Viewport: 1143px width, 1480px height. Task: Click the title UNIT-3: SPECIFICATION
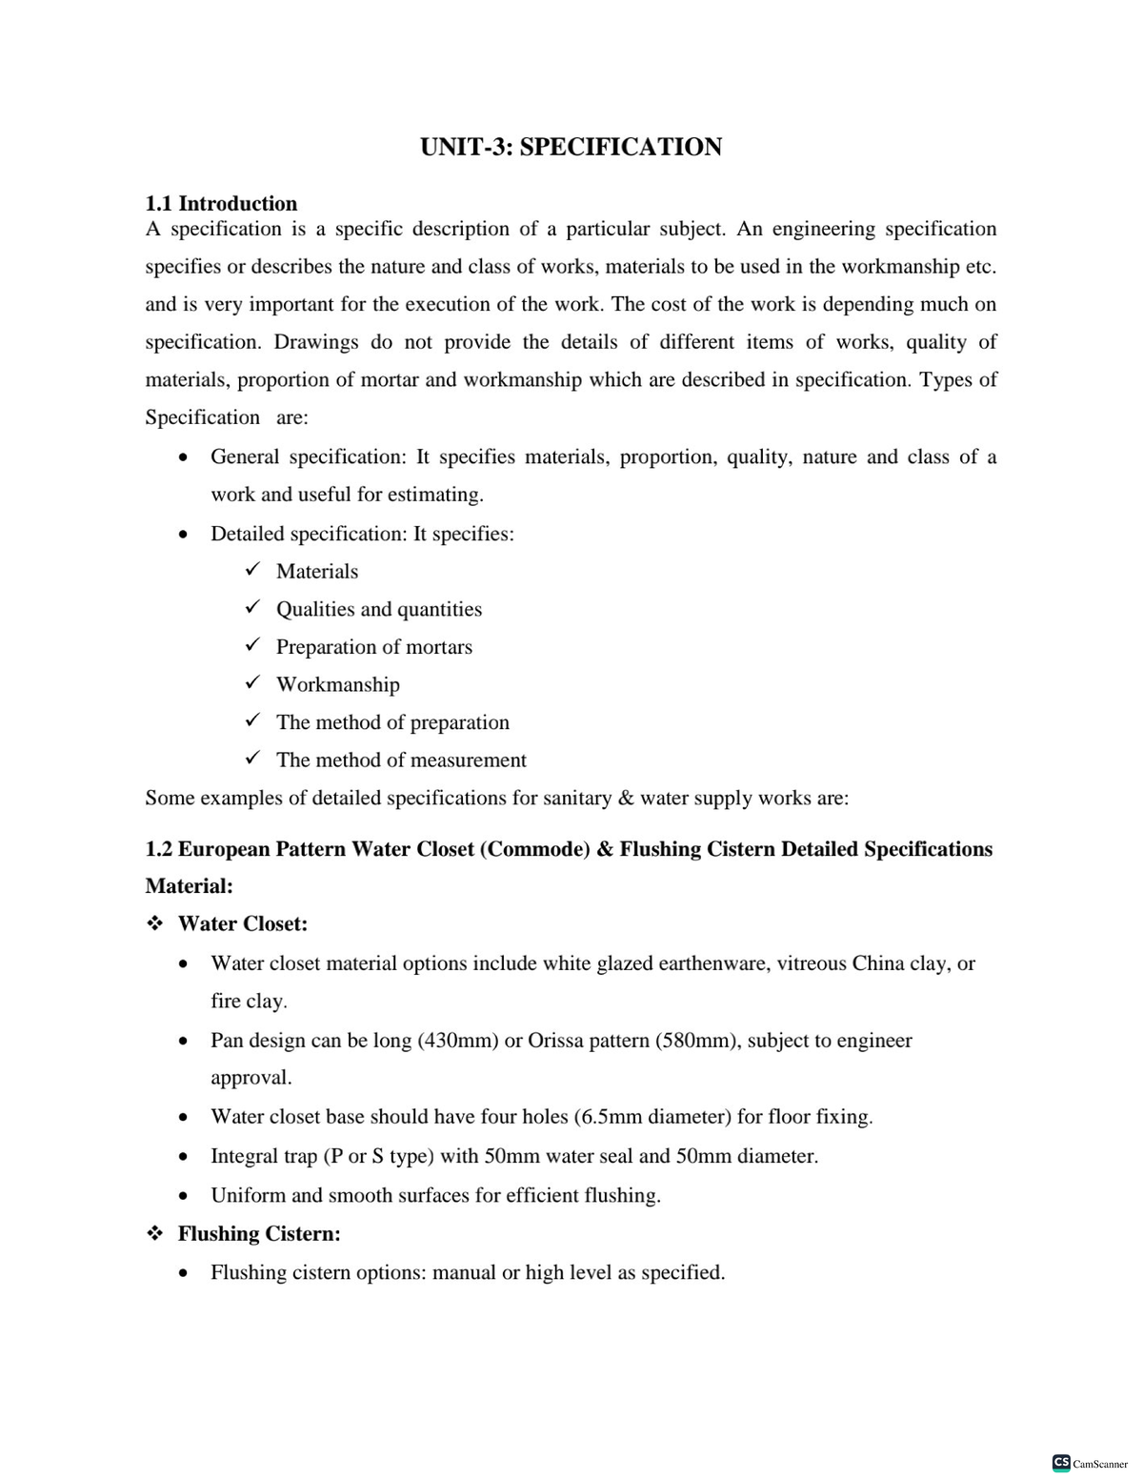click(x=571, y=147)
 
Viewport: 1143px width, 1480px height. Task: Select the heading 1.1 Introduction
click(x=221, y=203)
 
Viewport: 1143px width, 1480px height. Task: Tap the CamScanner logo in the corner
click(x=1090, y=1463)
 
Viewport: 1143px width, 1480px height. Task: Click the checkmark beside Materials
click(x=252, y=570)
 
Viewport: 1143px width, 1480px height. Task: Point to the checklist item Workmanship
click(x=337, y=684)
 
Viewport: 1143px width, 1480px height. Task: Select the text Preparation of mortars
click(x=373, y=647)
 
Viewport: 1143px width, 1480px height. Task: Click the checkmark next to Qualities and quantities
click(x=252, y=607)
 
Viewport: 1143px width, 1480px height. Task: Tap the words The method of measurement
click(x=400, y=760)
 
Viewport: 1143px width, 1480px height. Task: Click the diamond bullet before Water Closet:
click(x=154, y=923)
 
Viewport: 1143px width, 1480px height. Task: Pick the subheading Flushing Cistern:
click(x=259, y=1233)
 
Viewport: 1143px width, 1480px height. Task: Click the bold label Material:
click(x=189, y=885)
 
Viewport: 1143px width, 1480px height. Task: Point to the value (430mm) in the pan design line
click(x=457, y=1040)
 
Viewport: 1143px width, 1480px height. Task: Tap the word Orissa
click(x=556, y=1040)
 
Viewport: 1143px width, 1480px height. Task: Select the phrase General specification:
click(x=310, y=457)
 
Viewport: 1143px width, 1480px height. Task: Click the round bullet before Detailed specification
click(x=181, y=535)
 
